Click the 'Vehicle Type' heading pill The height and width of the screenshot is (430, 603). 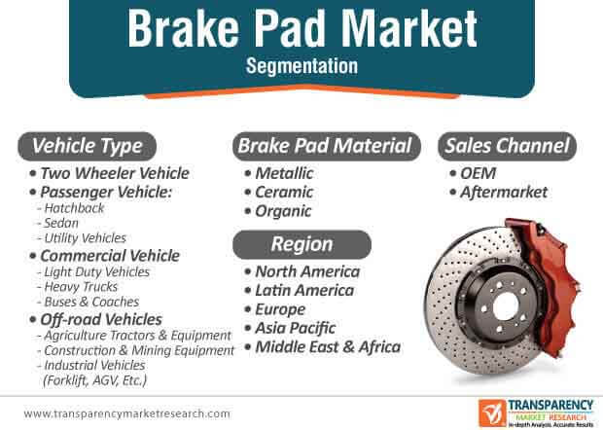point(87,146)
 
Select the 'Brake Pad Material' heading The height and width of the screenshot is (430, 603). point(327,146)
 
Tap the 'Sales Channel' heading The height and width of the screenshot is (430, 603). point(507,146)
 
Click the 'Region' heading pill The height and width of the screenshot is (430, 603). point(301,244)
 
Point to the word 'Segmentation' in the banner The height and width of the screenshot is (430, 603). point(301,66)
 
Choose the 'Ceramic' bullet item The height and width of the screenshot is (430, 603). point(284,192)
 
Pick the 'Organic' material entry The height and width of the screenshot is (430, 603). point(283,211)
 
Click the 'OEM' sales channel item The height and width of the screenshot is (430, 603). point(478,173)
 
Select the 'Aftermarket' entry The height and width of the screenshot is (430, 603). point(504,193)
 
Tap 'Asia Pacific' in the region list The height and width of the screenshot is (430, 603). point(295,328)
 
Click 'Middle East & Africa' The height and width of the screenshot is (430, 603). point(328,347)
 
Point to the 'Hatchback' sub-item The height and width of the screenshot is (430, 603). point(74,208)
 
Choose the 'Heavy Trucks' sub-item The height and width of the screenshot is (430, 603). point(81,287)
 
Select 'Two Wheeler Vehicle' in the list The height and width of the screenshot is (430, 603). point(115,173)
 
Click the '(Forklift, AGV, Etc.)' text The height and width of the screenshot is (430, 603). point(95,380)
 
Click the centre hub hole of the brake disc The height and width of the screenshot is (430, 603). point(506,307)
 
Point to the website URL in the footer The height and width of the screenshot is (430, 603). point(126,413)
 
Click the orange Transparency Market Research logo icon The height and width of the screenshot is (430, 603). point(492,413)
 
